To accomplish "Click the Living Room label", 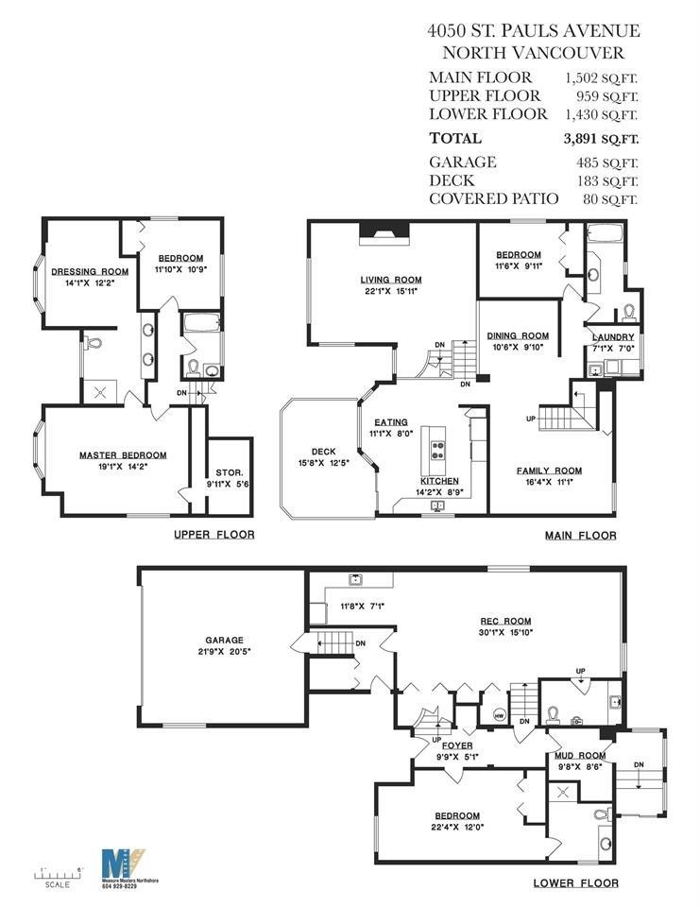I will tap(390, 280).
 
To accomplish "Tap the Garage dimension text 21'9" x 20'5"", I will tap(225, 651).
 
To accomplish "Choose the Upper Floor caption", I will tap(213, 535).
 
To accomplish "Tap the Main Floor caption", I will tap(580, 536).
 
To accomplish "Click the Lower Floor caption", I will tap(575, 883).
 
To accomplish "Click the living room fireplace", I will tap(383, 232).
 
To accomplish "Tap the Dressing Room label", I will tap(90, 272).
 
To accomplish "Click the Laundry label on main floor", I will tap(612, 337).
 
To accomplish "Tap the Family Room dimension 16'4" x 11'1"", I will tap(548, 482).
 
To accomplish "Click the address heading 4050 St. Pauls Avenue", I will tap(533, 32).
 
